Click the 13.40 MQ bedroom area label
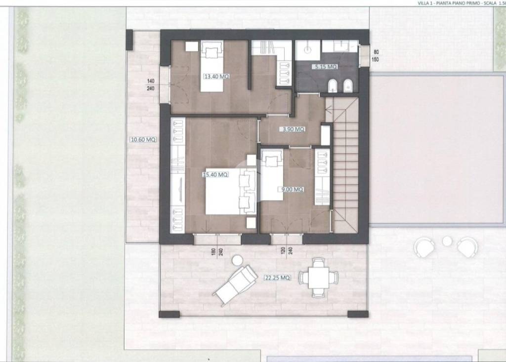click(216, 77)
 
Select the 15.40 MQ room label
click(215, 174)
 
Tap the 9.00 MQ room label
click(292, 189)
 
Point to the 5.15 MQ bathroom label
click(325, 67)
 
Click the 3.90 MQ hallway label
click(294, 129)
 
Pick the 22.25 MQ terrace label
click(277, 278)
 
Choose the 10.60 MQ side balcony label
click(143, 140)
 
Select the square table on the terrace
click(319, 278)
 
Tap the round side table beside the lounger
click(238, 260)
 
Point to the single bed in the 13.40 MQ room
click(212, 66)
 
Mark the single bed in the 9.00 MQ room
click(272, 174)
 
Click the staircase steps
click(345, 164)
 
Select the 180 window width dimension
click(213, 251)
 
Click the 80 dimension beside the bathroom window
click(376, 52)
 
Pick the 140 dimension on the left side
click(151, 81)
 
